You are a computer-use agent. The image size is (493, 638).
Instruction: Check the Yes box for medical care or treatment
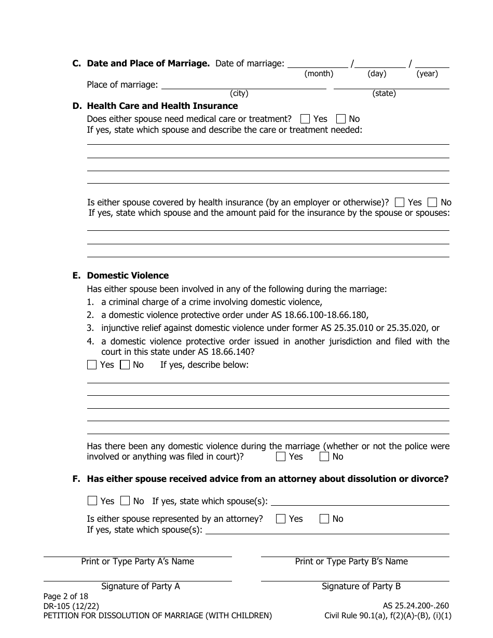(x=305, y=119)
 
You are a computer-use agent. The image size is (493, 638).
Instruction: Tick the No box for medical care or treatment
(x=341, y=119)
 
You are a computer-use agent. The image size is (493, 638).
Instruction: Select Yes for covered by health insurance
(x=400, y=202)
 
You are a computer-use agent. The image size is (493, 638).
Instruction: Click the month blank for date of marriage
(x=318, y=64)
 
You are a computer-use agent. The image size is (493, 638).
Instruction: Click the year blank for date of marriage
(x=432, y=64)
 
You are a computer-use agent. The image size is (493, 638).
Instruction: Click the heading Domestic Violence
(x=128, y=275)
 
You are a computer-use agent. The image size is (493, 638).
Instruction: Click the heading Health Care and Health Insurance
(x=162, y=106)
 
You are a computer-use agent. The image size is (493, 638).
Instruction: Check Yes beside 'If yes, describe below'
(x=92, y=365)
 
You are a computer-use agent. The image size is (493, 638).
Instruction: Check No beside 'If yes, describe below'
(x=125, y=365)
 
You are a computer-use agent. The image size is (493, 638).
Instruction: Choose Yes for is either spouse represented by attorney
(x=281, y=519)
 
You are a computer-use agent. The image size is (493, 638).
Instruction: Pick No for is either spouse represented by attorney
(x=324, y=519)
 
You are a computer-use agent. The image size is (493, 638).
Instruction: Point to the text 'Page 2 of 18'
(x=66, y=597)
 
